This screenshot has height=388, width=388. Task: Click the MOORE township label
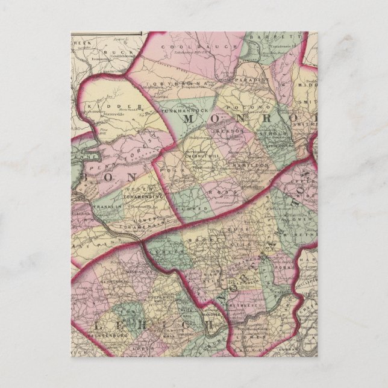point(196,240)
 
